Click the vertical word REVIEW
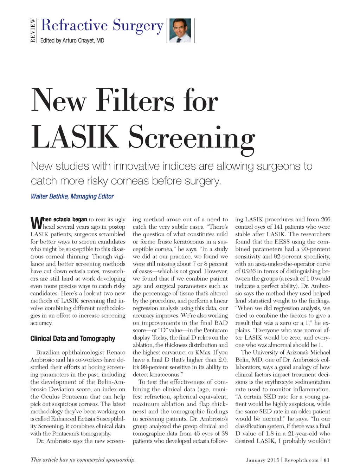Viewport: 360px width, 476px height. (x=33, y=31)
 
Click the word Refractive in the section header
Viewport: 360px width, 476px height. (x=74, y=25)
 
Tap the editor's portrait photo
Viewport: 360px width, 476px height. (x=180, y=31)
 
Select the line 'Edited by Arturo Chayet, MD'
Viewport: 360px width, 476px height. (x=72, y=40)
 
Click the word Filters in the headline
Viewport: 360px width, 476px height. (x=135, y=101)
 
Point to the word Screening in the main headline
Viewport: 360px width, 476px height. (x=192, y=138)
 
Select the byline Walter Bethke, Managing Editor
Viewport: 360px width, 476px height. (x=72, y=196)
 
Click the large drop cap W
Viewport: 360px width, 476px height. (x=36, y=222)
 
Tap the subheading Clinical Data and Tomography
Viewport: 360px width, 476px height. (x=73, y=339)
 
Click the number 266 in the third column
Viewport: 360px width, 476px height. (x=325, y=220)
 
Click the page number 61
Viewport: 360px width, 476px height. (x=327, y=460)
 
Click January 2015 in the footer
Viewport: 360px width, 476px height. (x=263, y=460)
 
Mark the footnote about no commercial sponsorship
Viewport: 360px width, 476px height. (x=83, y=459)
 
